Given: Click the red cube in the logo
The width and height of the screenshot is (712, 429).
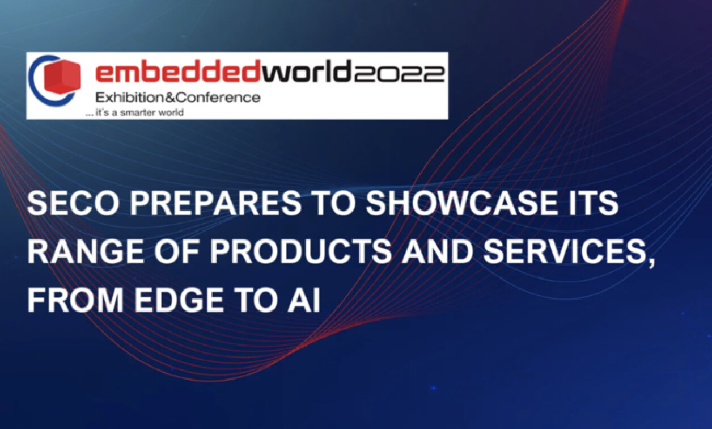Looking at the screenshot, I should click(x=63, y=77).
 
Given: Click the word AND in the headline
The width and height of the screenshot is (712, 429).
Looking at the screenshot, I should click(x=435, y=253).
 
